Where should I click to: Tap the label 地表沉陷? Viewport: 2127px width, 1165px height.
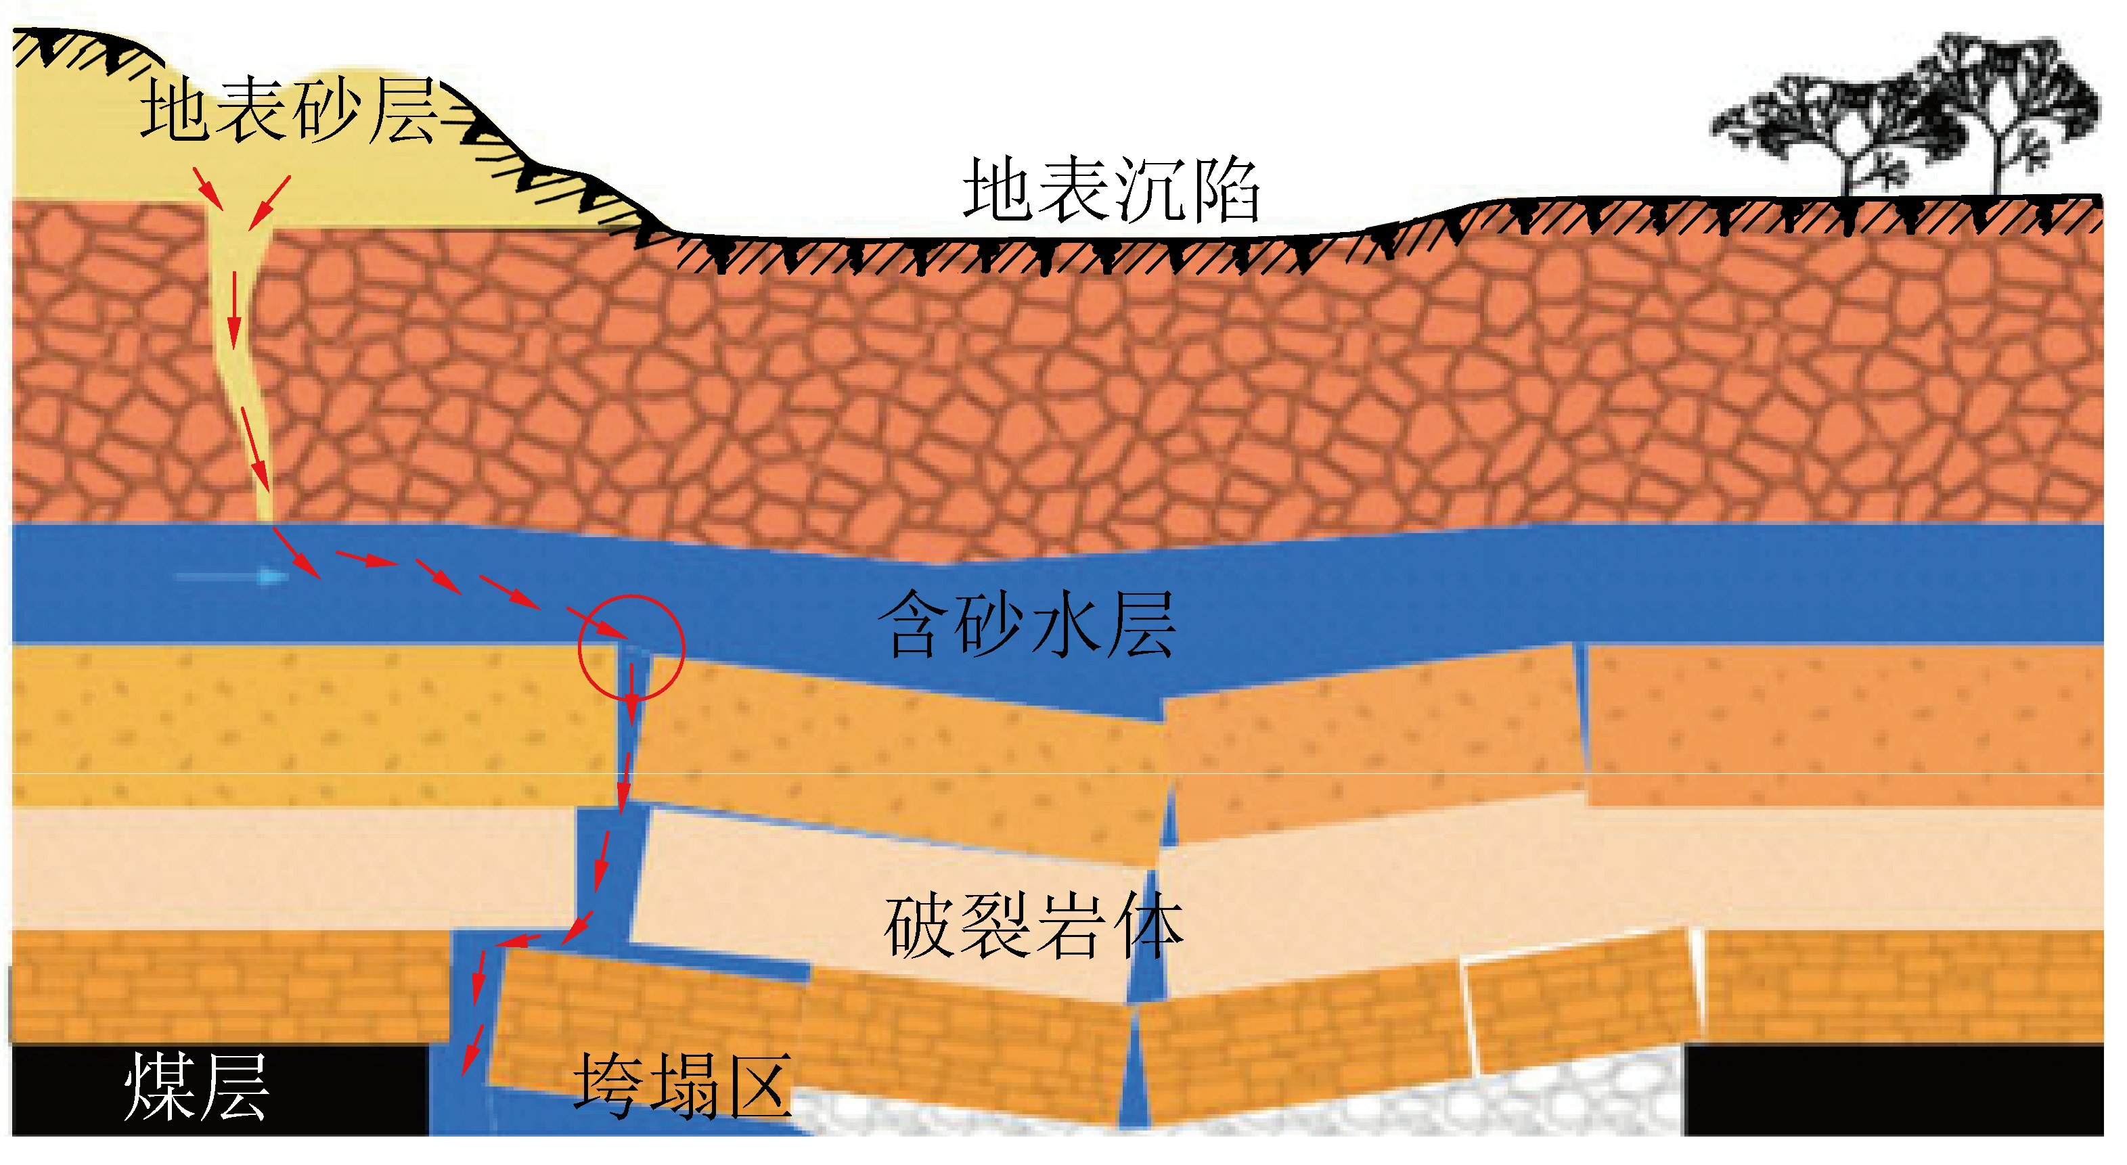tap(1111, 191)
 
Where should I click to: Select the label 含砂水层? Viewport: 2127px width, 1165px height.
tap(1027, 625)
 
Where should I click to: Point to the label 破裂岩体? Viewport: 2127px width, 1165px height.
tap(1034, 928)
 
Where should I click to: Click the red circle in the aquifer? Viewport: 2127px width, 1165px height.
tap(631, 647)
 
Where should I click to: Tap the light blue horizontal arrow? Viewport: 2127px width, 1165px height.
tap(231, 576)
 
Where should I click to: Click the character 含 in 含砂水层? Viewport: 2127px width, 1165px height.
tap(913, 625)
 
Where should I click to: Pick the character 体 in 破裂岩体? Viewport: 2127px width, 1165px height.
tap(1148, 928)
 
